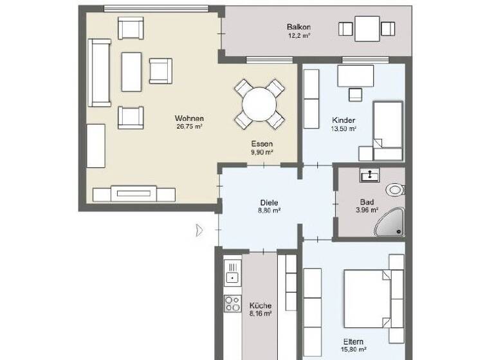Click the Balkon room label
(x=299, y=27)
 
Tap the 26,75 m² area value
(x=189, y=127)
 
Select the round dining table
(x=259, y=103)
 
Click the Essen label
(x=262, y=144)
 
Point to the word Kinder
(x=344, y=120)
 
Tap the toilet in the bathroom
(x=395, y=190)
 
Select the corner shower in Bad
(x=392, y=221)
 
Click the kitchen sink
(x=232, y=272)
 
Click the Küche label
(x=261, y=305)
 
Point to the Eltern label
(x=354, y=341)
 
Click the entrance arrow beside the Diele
(x=200, y=230)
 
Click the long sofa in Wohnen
(x=100, y=72)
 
